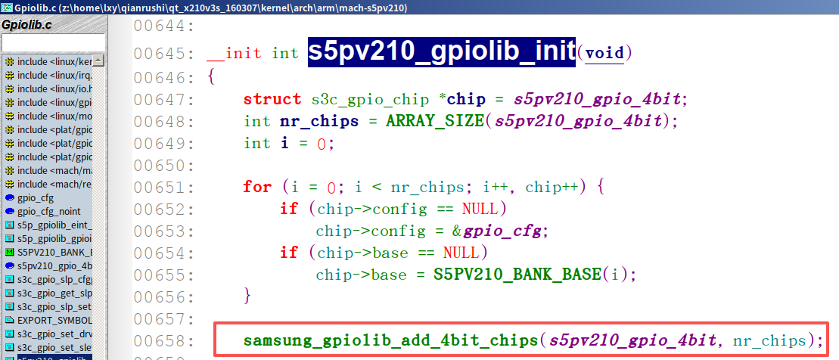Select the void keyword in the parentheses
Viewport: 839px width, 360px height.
604,53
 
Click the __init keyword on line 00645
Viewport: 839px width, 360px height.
235,53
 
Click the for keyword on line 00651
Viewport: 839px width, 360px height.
257,186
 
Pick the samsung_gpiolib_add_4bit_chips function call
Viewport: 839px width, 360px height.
390,340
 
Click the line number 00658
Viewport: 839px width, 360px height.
164,340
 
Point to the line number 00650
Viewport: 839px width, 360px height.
164,165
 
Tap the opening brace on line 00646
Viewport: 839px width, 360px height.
211,77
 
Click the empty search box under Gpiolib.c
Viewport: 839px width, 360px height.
52,42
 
